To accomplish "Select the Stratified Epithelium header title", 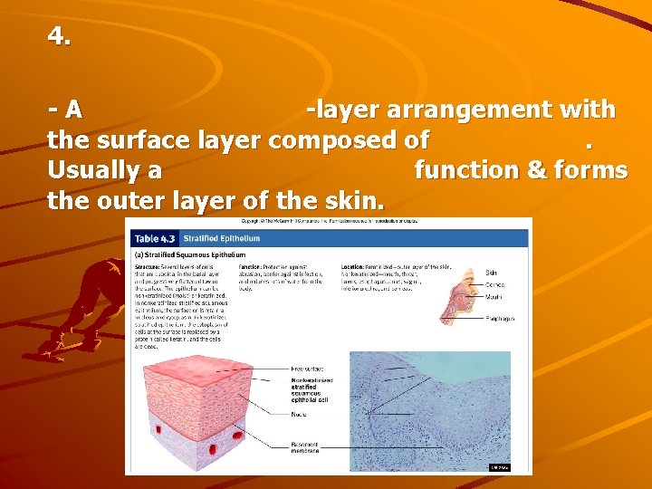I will [x=221, y=239].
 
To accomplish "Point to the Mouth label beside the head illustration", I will [x=494, y=296].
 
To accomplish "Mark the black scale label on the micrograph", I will [x=500, y=467].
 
